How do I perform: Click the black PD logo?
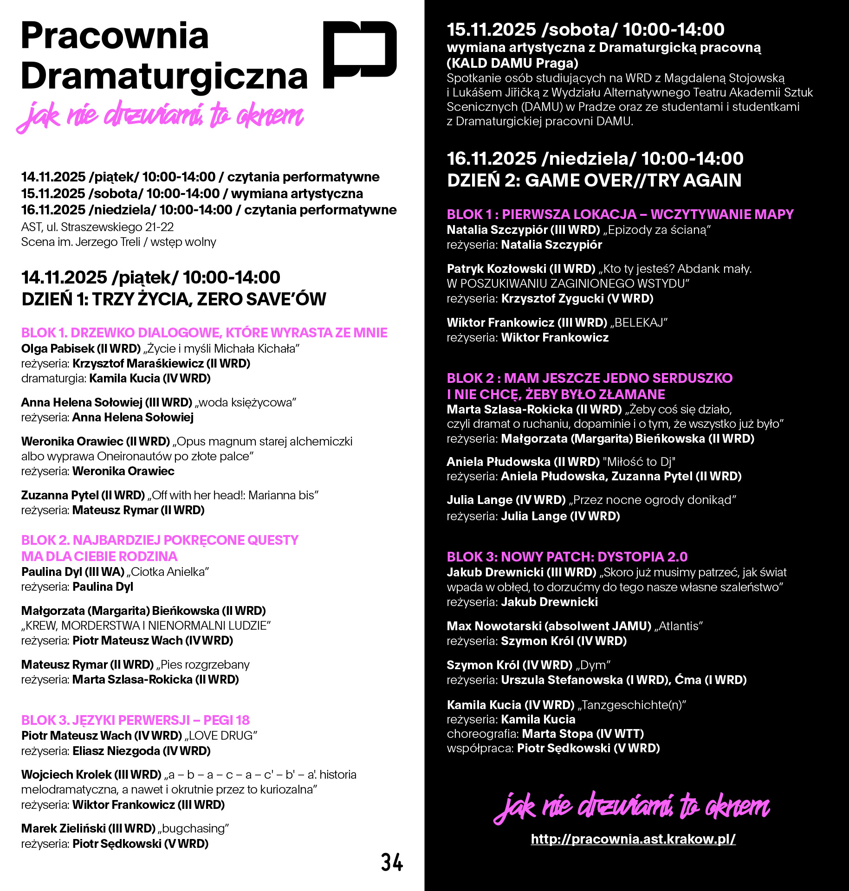[x=359, y=54]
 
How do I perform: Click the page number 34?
[x=392, y=862]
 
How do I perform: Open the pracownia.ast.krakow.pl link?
[x=633, y=839]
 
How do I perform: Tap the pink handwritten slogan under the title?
[x=160, y=116]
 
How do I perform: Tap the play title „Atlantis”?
[x=679, y=626]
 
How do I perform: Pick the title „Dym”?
[x=593, y=665]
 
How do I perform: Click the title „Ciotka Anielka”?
[x=168, y=572]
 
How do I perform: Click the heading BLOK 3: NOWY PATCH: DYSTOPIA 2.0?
[x=567, y=556]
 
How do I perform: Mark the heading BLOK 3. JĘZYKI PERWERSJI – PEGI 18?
[x=135, y=720]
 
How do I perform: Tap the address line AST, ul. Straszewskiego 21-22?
[x=97, y=227]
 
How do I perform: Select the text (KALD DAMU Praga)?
[x=512, y=63]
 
